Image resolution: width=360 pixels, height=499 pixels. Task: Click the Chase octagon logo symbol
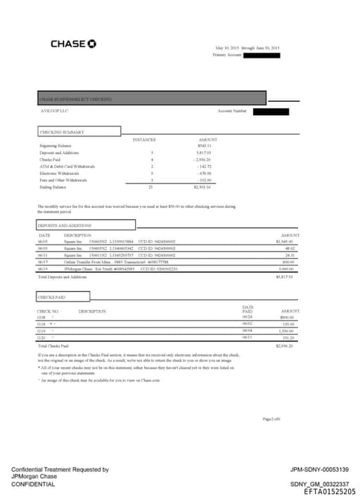click(92, 44)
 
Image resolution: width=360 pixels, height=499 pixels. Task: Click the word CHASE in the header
click(68, 44)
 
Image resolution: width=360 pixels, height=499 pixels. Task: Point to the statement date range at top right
click(247, 48)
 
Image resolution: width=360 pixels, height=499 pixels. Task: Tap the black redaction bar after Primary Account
click(262, 54)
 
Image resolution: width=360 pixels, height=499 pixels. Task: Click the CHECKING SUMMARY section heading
click(63, 132)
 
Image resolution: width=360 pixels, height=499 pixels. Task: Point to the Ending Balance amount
click(203, 187)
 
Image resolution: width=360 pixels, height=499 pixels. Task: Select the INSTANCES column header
click(144, 140)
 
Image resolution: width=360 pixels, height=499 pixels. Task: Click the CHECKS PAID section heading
click(52, 297)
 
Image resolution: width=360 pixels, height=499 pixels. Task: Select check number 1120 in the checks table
click(42, 337)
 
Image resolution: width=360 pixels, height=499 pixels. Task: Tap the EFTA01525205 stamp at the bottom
click(329, 491)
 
